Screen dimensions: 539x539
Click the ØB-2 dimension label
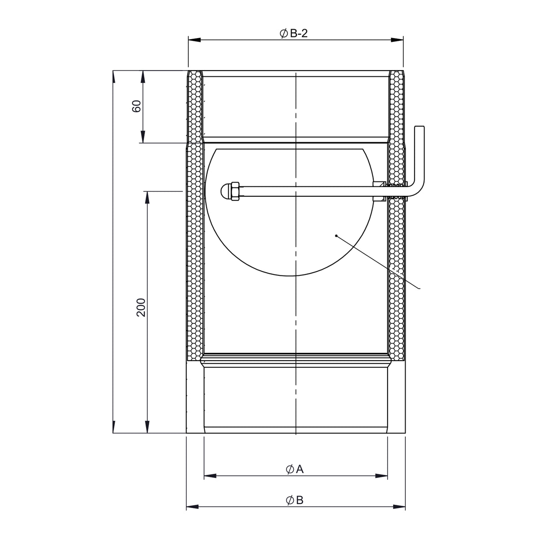click(x=293, y=34)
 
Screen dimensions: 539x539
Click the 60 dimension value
click(x=137, y=106)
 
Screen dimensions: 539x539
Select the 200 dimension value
click(x=141, y=307)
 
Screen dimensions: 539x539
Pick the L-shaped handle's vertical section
click(x=420, y=157)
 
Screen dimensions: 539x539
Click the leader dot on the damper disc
click(x=336, y=236)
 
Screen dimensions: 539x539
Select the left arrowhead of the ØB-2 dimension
click(x=194, y=40)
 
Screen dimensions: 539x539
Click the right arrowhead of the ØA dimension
click(x=381, y=476)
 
